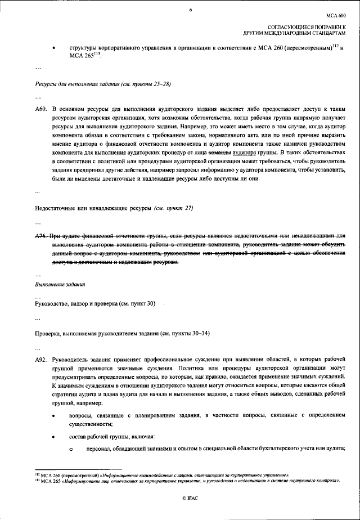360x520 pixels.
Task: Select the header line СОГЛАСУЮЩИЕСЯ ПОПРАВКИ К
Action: tap(307, 27)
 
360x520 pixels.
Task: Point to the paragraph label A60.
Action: tap(40, 107)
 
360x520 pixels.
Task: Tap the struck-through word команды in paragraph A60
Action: tap(219, 153)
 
